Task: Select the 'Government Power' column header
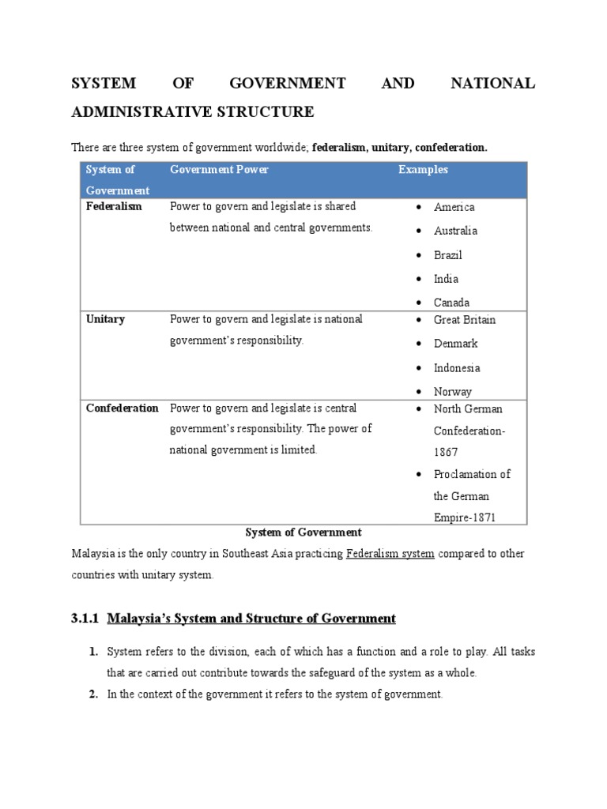(219, 170)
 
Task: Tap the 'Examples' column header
(423, 170)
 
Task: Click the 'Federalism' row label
(114, 206)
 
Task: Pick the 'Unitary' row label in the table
(105, 319)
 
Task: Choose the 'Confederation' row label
(122, 408)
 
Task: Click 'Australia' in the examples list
(455, 231)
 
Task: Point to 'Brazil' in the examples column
(447, 255)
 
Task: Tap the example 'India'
(446, 279)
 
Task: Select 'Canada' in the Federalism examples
(451, 303)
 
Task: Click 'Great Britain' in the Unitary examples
(465, 320)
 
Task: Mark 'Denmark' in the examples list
(455, 344)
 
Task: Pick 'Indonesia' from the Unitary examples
(457, 368)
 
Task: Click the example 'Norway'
(452, 392)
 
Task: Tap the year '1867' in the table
(446, 453)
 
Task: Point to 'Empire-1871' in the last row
(467, 518)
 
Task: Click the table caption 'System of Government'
(303, 532)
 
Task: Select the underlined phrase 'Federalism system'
(390, 555)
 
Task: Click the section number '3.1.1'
(85, 619)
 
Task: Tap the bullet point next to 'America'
(417, 208)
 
